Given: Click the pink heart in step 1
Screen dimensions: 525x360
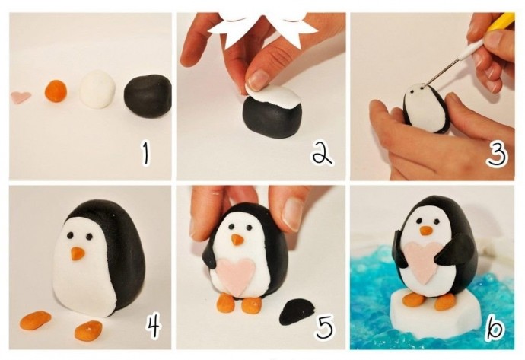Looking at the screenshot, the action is [x=21, y=97].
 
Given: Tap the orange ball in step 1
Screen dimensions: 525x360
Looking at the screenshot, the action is [x=56, y=91].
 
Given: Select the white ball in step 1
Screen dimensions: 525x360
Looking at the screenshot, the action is [x=97, y=89].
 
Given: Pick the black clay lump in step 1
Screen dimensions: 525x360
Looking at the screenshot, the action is [x=148, y=96].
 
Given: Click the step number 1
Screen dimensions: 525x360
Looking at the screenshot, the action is [x=145, y=154].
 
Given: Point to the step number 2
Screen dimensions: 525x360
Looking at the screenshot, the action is [x=322, y=154].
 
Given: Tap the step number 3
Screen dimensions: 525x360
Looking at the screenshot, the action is [x=497, y=154].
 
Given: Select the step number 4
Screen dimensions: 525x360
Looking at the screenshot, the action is [x=153, y=326].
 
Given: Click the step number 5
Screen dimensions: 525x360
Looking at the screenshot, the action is [x=324, y=326].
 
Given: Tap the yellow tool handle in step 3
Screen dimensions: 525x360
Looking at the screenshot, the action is [x=503, y=23].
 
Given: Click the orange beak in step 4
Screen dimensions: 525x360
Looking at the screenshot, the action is [x=78, y=253].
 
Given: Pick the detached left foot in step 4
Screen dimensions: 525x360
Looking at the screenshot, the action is [x=35, y=320].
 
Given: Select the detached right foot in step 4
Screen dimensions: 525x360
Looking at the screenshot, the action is [x=88, y=330].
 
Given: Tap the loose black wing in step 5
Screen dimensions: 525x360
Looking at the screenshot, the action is [x=297, y=312].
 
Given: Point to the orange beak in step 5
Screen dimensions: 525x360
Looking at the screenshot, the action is [x=237, y=240].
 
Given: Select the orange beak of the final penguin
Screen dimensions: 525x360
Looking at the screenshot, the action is [x=426, y=231].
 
